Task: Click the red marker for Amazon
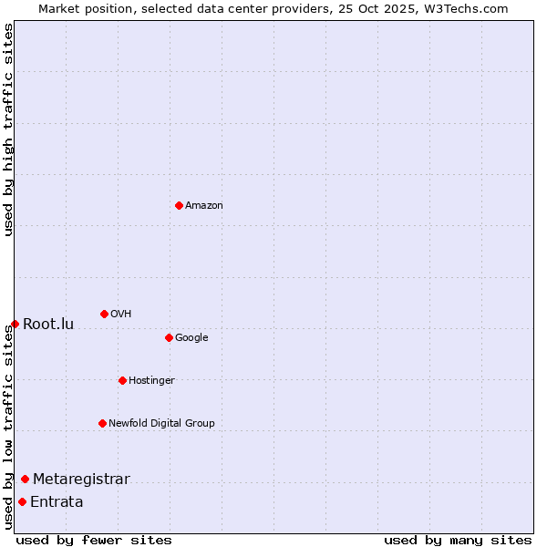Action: (179, 205)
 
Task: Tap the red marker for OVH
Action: (104, 314)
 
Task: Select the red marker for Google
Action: (169, 337)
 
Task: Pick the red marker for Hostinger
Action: (122, 380)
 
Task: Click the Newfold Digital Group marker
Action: (102, 423)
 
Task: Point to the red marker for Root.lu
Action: (15, 324)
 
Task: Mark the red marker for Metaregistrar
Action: (25, 479)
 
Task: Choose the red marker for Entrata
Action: (22, 501)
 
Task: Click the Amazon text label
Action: (204, 205)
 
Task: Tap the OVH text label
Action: (121, 314)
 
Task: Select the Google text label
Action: (191, 337)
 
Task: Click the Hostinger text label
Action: (151, 380)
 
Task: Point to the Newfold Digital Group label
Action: (161, 423)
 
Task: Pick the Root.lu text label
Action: (48, 324)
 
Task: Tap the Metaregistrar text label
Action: (81, 479)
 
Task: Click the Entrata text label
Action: (57, 501)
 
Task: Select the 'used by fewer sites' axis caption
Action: (94, 540)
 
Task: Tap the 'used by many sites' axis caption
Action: (458, 540)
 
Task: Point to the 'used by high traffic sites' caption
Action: (8, 129)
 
